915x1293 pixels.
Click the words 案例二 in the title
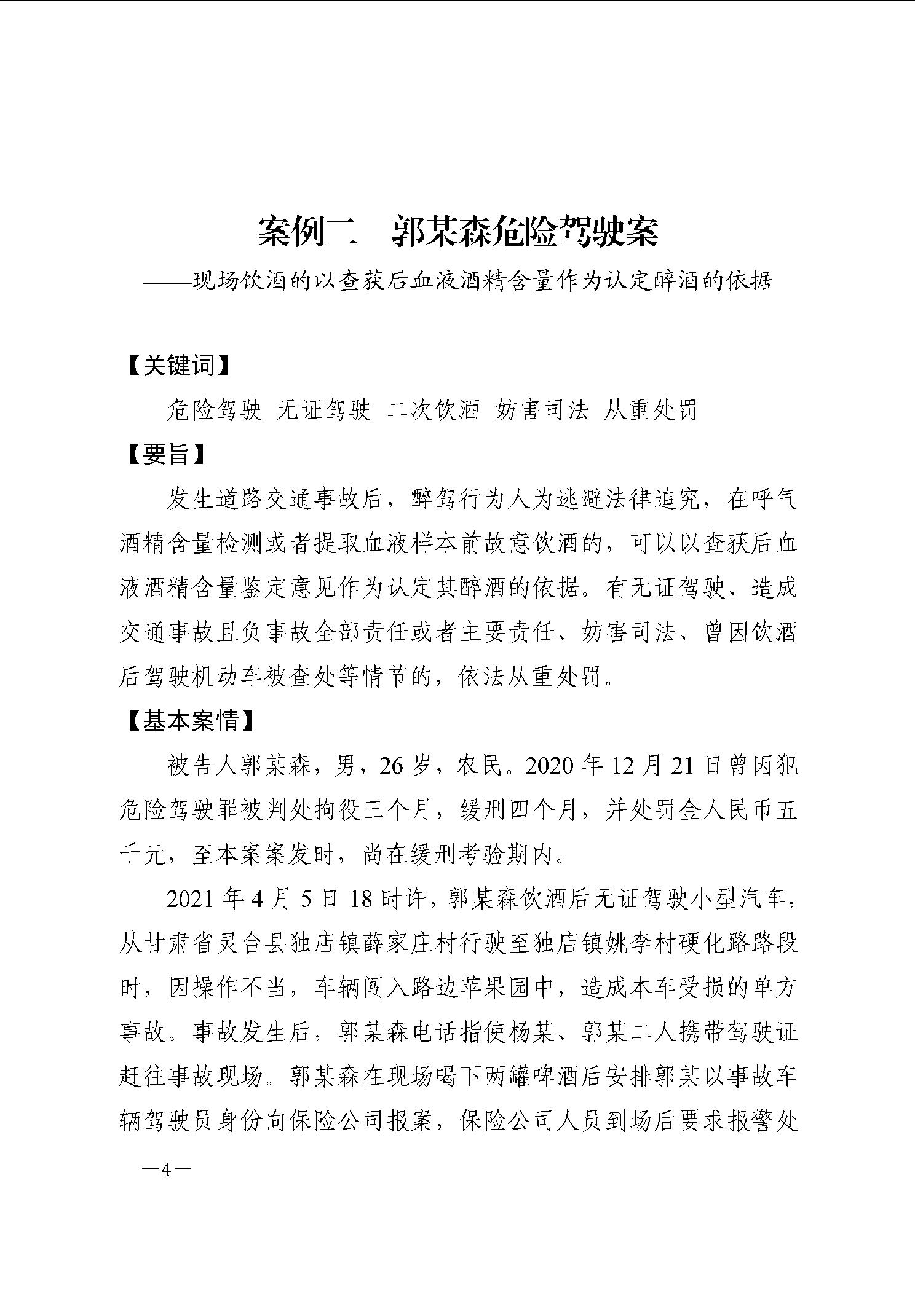307,232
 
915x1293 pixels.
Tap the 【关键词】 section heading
178,366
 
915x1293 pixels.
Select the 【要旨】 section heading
166,455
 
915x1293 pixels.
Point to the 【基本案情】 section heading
191,721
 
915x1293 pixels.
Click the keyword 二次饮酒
434,410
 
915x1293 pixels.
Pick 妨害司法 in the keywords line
542,410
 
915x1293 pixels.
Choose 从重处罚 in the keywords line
651,410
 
